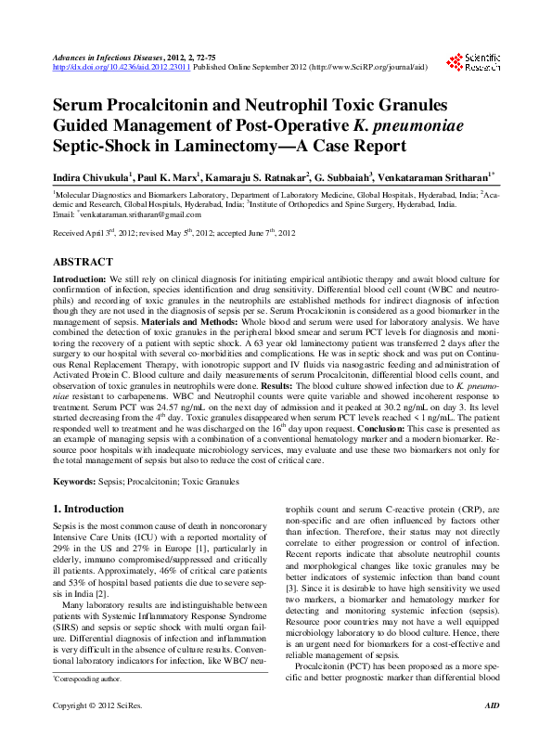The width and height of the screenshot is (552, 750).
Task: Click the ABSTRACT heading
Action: coord(84,262)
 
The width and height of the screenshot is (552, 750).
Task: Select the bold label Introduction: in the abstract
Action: coord(80,278)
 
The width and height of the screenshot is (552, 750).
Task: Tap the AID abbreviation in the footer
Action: coord(492,733)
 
